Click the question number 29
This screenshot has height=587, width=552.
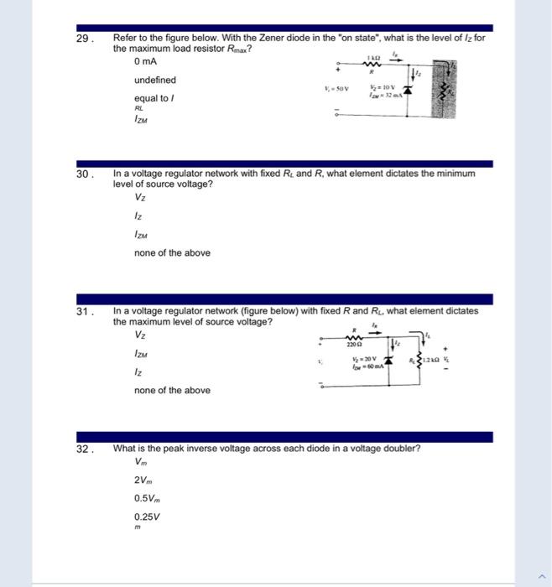click(x=82, y=39)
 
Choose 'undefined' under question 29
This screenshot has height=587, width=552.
click(x=155, y=81)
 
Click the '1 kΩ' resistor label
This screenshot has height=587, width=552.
click(x=373, y=55)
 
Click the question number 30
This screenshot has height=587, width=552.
click(x=82, y=174)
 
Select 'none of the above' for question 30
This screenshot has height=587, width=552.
click(x=172, y=252)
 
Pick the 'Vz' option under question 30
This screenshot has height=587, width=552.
click(x=139, y=198)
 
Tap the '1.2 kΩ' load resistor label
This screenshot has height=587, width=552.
click(x=431, y=360)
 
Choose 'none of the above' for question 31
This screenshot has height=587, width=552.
click(x=172, y=390)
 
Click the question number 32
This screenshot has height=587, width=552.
click(x=82, y=449)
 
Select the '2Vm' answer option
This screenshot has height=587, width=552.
click(x=142, y=480)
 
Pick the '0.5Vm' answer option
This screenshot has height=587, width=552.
click(x=146, y=498)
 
